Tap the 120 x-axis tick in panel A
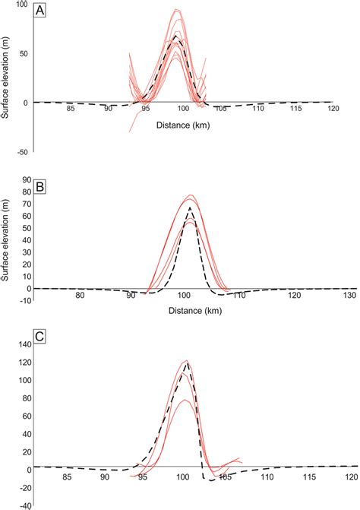[332, 109]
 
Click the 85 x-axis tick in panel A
[71, 109]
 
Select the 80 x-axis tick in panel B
[79, 296]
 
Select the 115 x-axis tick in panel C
[308, 477]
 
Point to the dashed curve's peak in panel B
[189, 207]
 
